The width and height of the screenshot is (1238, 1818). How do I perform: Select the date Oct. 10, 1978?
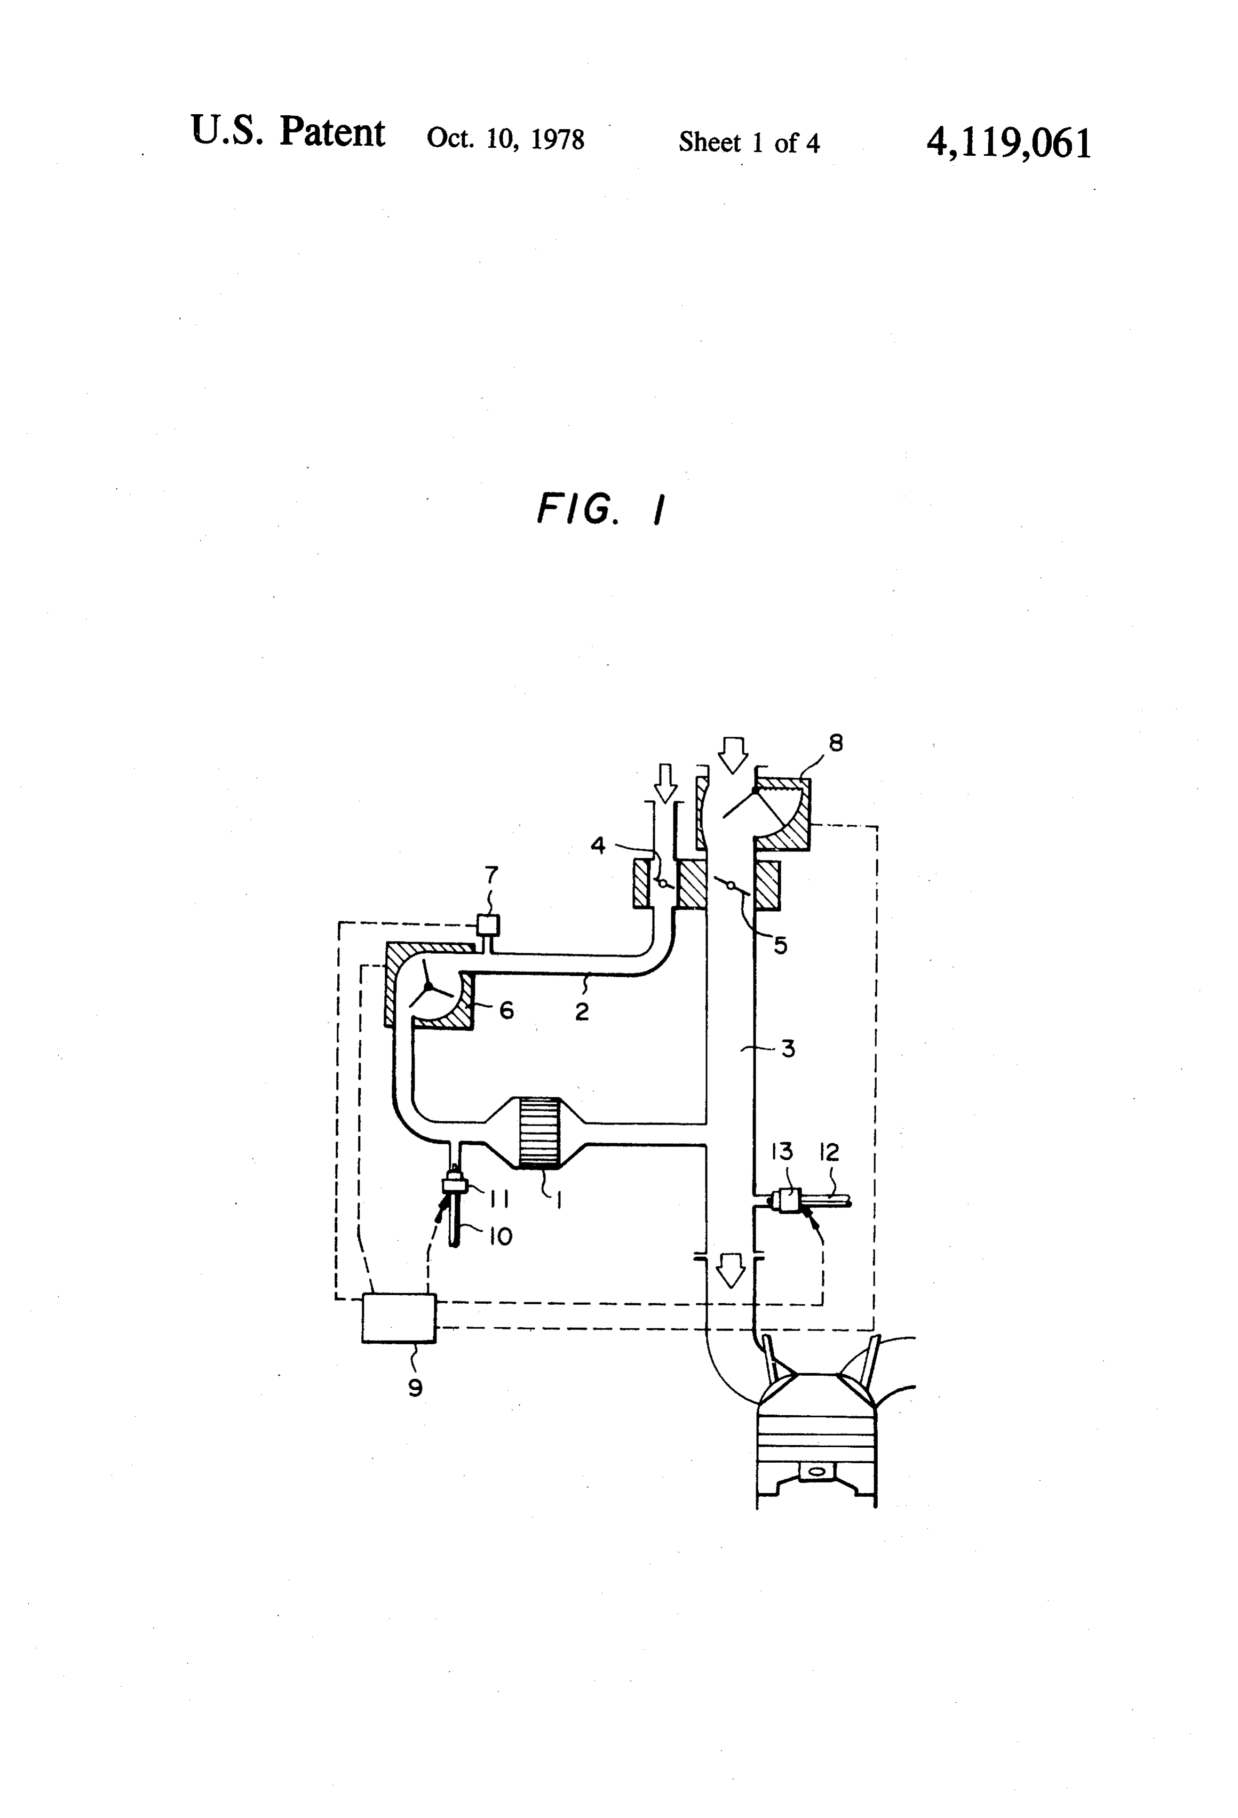(x=505, y=139)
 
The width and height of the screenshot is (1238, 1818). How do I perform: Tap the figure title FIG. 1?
(x=601, y=509)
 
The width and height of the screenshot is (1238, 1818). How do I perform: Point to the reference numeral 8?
(x=836, y=743)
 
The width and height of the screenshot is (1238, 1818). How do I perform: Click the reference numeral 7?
(x=491, y=874)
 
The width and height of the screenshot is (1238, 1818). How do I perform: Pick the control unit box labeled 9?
(x=399, y=1318)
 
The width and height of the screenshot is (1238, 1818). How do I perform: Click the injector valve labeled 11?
(x=454, y=1184)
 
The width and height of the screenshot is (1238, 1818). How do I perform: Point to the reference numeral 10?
(x=500, y=1236)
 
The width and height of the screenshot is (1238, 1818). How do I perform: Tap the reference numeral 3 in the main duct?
(x=788, y=1048)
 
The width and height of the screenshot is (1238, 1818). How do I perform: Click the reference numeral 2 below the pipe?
(x=582, y=1011)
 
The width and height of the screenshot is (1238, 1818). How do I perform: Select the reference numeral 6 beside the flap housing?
(x=506, y=1010)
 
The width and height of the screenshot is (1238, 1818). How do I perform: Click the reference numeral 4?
(x=598, y=845)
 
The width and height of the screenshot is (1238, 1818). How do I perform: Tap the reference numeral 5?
(x=780, y=945)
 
